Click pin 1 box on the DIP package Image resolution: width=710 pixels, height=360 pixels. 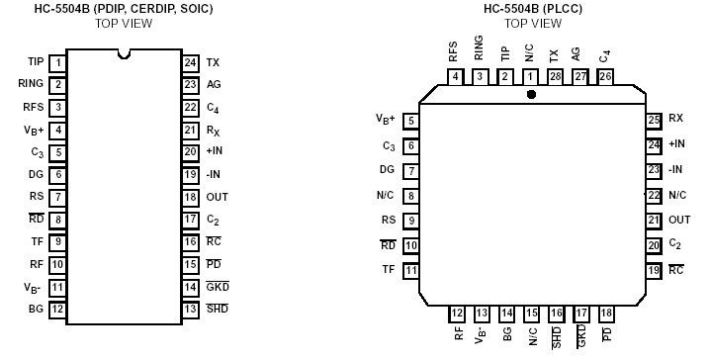tap(58, 62)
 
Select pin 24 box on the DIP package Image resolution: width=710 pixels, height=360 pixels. tap(190, 62)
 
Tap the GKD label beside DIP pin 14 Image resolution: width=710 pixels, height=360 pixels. tap(218, 287)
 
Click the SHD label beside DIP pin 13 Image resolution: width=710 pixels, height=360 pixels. tap(218, 309)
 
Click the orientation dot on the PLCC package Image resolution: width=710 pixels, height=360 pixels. tap(532, 95)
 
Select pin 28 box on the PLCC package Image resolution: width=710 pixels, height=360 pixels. tap(556, 76)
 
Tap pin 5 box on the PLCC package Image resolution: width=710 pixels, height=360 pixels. tap(410, 121)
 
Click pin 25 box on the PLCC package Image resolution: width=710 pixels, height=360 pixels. tap(653, 121)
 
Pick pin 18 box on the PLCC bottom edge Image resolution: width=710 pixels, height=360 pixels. tap(606, 314)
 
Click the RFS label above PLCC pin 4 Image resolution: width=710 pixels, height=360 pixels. tap(453, 50)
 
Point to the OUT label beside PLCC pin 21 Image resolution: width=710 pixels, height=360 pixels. tap(679, 220)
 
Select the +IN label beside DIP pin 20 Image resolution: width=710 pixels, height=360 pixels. tap(216, 151)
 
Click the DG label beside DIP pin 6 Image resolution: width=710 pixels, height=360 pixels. tap(37, 174)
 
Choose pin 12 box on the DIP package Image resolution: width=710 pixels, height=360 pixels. tap(58, 309)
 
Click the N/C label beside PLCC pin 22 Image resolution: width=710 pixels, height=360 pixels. tap(677, 195)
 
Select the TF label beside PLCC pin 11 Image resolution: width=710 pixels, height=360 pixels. tap(388, 269)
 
